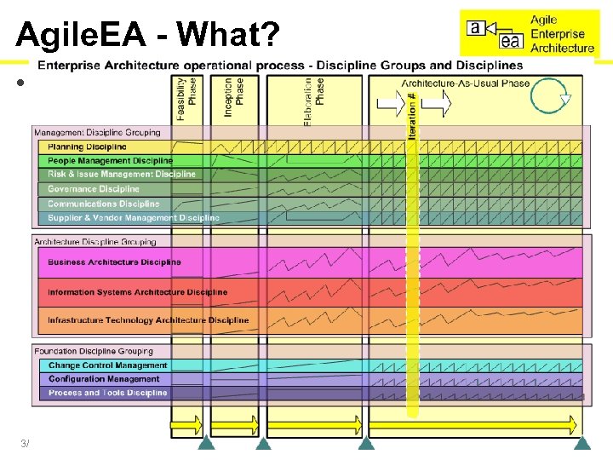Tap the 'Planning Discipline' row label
point(87,147)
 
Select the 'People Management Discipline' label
point(110,160)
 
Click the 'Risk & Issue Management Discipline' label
point(121,175)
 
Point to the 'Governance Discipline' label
point(93,189)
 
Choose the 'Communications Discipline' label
point(103,204)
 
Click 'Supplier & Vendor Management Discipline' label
point(133,218)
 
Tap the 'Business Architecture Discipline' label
point(114,262)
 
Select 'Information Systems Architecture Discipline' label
point(137,292)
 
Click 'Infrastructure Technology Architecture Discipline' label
point(148,320)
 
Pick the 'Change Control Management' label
point(107,365)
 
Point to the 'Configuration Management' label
point(103,379)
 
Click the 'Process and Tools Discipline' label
point(107,393)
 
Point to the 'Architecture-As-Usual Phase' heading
point(465,83)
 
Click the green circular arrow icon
point(550,96)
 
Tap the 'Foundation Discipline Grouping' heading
point(94,351)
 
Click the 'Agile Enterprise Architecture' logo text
point(562,34)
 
